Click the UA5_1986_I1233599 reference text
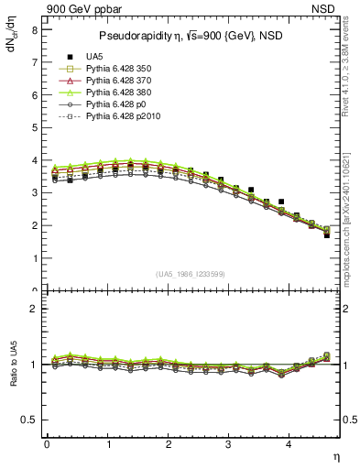coord(192,274)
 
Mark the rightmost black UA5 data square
coord(327,235)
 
